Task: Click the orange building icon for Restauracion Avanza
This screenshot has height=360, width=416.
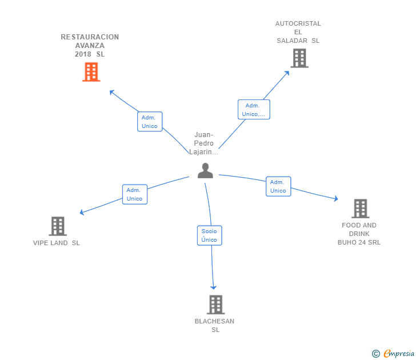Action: coord(91,72)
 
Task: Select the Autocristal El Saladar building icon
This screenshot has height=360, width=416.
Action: coord(299,58)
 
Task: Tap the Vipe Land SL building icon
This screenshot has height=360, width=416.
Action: coord(58,226)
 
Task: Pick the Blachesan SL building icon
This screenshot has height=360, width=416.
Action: coord(215,305)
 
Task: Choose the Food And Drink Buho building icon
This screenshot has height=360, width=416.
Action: coord(360,209)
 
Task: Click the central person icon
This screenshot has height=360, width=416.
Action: coord(205,170)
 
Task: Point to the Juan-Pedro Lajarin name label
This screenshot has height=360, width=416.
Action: coord(203,143)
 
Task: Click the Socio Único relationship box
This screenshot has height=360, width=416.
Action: coord(209,235)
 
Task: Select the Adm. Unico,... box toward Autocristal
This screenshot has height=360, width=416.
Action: coord(254,109)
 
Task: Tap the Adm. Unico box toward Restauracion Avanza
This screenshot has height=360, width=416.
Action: coord(150,121)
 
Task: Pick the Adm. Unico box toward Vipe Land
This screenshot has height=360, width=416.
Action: coord(134,194)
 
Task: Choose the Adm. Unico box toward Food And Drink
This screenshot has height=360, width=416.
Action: coord(278,186)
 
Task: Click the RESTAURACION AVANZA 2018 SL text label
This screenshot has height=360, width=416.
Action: coord(90,46)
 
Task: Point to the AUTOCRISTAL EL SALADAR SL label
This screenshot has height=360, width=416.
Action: coord(298,32)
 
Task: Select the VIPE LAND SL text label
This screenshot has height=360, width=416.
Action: coord(57,243)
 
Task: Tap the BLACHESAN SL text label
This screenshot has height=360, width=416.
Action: coord(214,325)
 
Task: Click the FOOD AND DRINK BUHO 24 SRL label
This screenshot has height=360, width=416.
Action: coord(359,234)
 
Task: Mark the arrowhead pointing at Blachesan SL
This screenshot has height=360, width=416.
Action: coord(214,287)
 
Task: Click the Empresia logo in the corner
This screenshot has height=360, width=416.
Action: coord(399,354)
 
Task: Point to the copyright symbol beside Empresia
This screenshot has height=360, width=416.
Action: coord(375,354)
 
